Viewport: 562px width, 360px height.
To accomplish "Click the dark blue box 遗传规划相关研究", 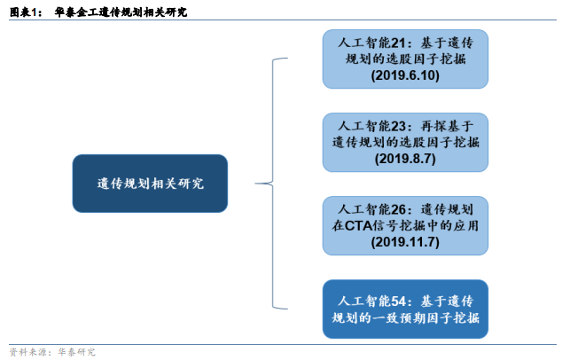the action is (x=150, y=184).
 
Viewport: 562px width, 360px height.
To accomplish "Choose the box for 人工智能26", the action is (x=405, y=225).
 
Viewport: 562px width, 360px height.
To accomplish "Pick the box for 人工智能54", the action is (x=405, y=308).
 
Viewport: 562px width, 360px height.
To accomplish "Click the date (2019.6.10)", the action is (x=405, y=76).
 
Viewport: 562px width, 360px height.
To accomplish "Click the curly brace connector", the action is (x=277, y=184).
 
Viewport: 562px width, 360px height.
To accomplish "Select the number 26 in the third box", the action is (x=398, y=207).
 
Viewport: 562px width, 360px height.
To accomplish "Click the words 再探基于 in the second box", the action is (x=450, y=124).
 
